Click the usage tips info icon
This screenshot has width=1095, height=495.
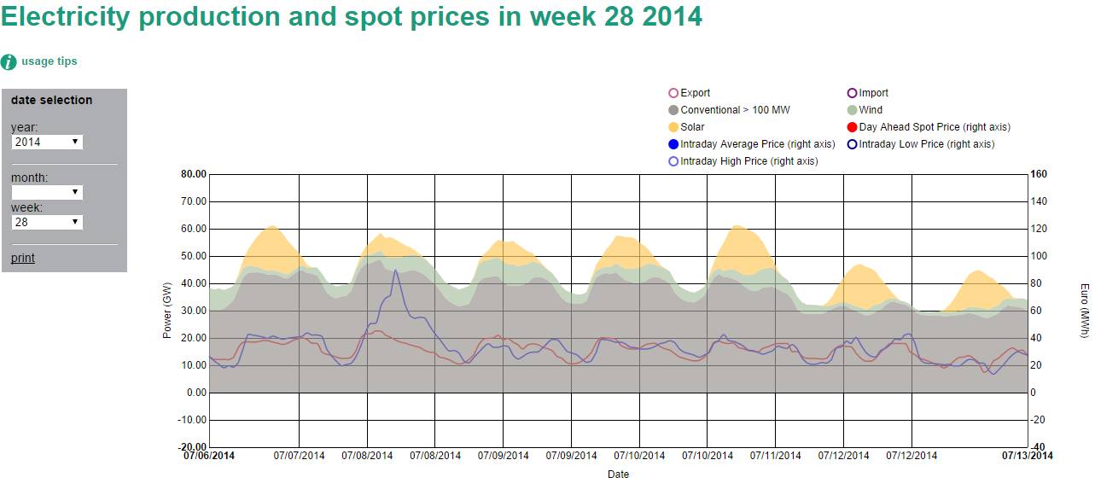[9, 61]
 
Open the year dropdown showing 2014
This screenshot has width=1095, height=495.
[47, 142]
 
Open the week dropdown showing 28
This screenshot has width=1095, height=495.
[47, 222]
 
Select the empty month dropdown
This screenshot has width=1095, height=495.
[47, 192]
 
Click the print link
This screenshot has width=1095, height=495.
[23, 258]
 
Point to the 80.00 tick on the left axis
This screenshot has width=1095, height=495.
[195, 174]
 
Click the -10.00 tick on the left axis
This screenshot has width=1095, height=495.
[193, 420]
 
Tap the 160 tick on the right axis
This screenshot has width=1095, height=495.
[1039, 174]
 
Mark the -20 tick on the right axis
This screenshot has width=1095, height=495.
[1039, 420]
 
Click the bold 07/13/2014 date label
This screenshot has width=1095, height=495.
[1027, 456]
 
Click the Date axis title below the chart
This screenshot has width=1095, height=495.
[618, 474]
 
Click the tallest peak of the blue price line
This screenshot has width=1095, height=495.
[395, 271]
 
